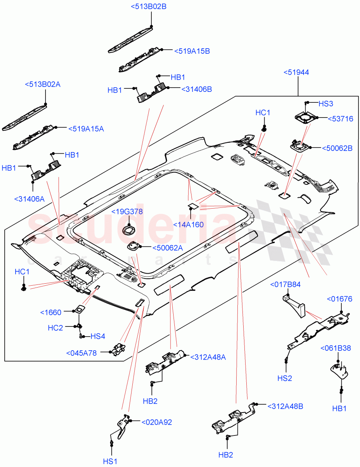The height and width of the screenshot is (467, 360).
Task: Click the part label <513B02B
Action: [x=148, y=7]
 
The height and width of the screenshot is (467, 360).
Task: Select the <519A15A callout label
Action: [x=86, y=129]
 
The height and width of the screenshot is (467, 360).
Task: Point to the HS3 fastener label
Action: [x=326, y=104]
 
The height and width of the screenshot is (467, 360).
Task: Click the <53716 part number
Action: [x=340, y=119]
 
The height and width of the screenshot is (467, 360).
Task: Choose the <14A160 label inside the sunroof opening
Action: [x=188, y=225]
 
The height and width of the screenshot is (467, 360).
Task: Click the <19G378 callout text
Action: [x=127, y=212]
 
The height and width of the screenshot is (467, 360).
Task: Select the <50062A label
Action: [x=167, y=247]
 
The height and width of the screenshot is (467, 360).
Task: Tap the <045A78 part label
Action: [x=82, y=353]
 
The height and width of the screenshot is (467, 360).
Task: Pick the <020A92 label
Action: [x=156, y=422]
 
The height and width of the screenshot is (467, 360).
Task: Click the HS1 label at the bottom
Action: [x=110, y=461]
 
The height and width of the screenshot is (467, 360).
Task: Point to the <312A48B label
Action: [x=285, y=406]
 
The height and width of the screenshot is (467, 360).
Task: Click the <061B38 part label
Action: [x=335, y=348]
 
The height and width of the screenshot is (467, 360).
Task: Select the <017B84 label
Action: [x=285, y=285]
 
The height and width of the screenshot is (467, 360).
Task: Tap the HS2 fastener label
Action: [x=285, y=378]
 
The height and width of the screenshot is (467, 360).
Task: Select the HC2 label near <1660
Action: [x=55, y=328]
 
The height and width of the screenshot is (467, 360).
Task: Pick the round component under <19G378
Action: [x=128, y=230]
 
